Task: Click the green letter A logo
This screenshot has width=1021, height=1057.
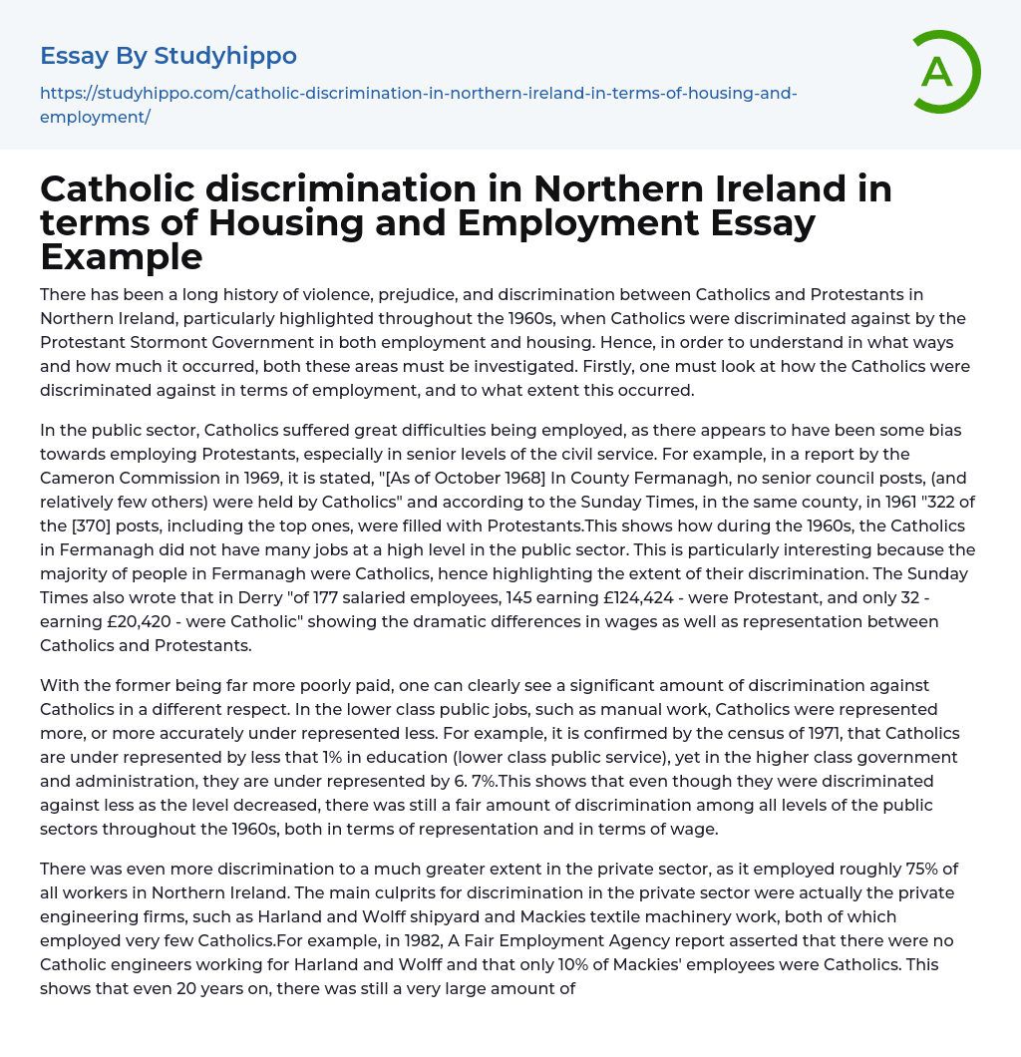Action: pos(938,72)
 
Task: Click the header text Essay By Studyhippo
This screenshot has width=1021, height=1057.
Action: pos(169,55)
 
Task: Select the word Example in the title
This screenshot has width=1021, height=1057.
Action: pos(122,256)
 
